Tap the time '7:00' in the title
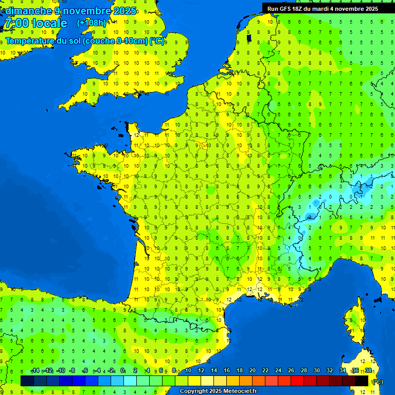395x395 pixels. (15, 24)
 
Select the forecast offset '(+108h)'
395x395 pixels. (92, 23)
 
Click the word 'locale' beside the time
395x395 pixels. (49, 24)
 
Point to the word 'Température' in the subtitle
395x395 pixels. (30, 41)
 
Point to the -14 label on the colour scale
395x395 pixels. (35, 371)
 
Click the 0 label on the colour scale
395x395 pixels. (122, 371)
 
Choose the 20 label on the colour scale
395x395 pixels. (253, 371)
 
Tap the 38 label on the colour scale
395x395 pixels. (368, 371)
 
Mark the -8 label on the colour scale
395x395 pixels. (72, 371)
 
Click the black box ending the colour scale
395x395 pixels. (362, 381)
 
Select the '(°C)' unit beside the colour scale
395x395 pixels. (378, 381)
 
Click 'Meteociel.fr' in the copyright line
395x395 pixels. (240, 391)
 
